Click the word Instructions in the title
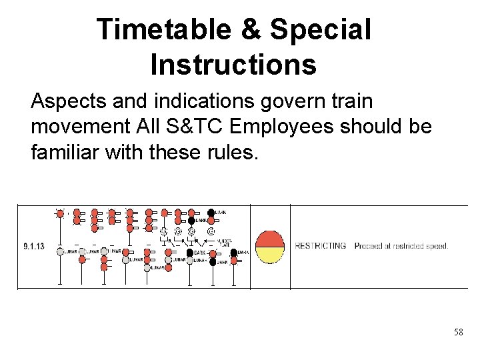click(233, 65)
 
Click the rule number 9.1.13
click(33, 246)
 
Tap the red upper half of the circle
click(270, 239)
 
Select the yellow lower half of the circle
click(270, 254)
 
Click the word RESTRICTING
click(321, 246)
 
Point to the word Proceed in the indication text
click(369, 246)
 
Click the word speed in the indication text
click(436, 246)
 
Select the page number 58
click(458, 332)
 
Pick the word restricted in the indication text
click(407, 246)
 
